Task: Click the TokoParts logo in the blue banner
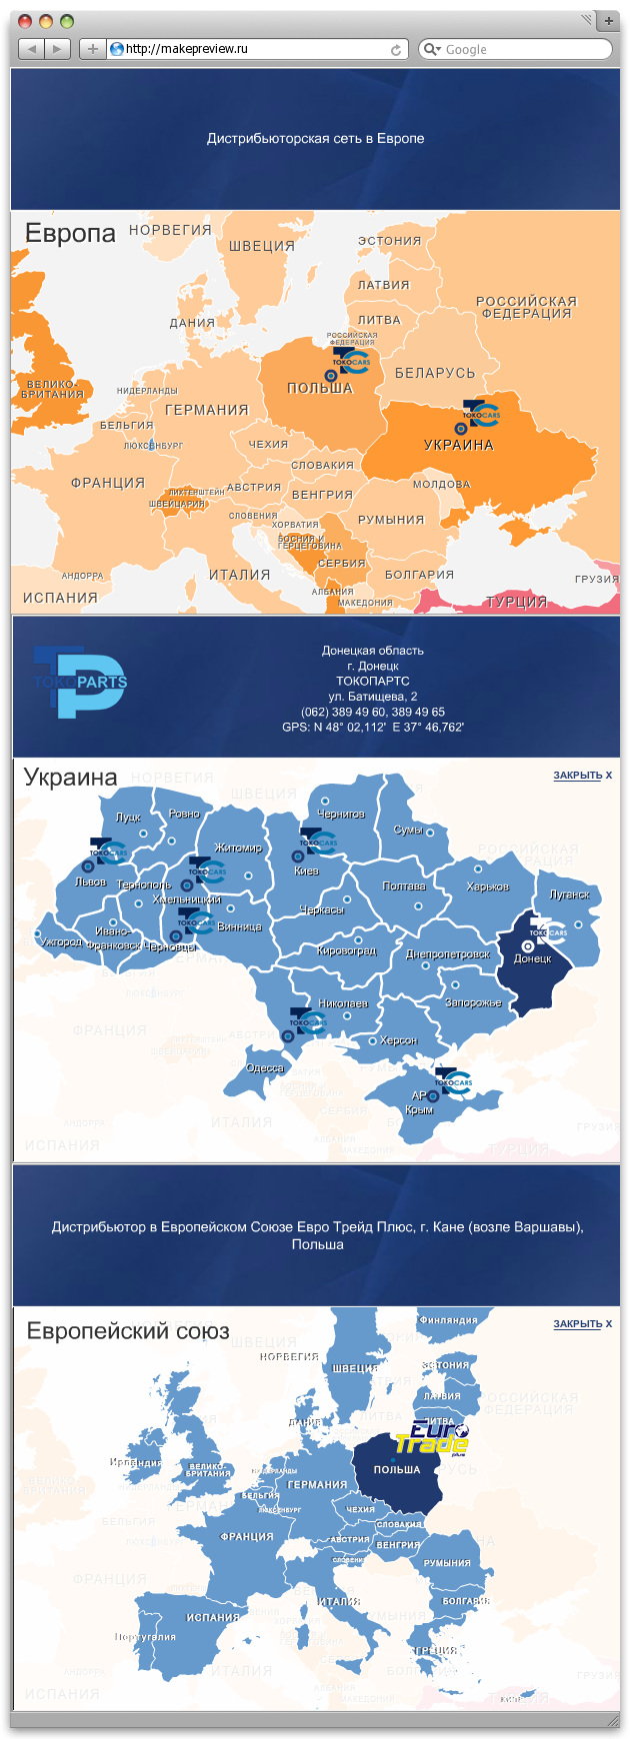click(80, 682)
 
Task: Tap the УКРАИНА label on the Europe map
click(458, 445)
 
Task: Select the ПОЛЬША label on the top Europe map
click(320, 388)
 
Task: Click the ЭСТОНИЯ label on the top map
click(390, 241)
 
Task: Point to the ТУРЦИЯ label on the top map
click(517, 602)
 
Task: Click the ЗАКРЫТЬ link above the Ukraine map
click(581, 776)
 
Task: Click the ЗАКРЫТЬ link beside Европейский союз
click(581, 1324)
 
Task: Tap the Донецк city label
click(532, 958)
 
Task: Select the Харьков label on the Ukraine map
click(487, 886)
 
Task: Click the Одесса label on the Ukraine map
click(265, 1068)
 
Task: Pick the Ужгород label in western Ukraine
click(61, 941)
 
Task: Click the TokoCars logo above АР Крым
click(453, 1080)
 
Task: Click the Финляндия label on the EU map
click(448, 1320)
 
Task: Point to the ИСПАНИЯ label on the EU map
click(213, 1617)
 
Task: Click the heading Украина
click(70, 777)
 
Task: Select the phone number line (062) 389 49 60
click(372, 712)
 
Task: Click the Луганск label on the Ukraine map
click(569, 894)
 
